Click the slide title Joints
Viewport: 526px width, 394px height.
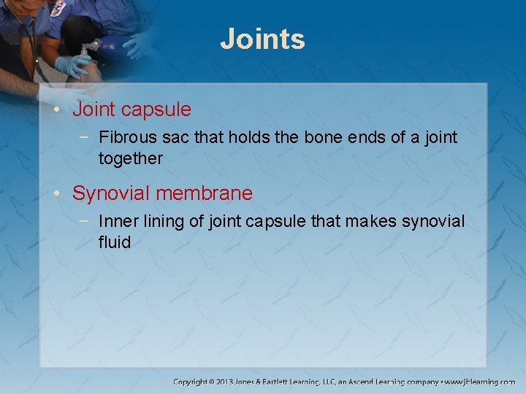tap(262, 39)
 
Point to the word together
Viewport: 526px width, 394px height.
tap(131, 158)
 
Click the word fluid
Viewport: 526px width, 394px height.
tap(115, 242)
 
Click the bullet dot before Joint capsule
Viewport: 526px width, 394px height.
tap(58, 110)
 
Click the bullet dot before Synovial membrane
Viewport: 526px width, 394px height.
tap(58, 194)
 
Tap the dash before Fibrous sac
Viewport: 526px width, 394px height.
tap(87, 137)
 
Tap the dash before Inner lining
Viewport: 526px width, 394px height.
tap(87, 221)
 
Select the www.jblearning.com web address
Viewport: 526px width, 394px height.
tap(481, 382)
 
